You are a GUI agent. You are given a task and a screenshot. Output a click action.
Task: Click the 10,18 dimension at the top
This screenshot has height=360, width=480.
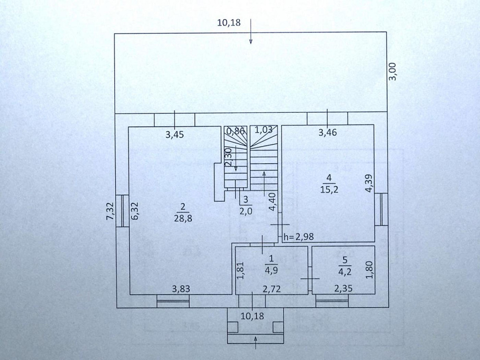228,22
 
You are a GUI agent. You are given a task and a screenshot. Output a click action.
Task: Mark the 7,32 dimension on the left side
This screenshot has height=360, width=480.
109,211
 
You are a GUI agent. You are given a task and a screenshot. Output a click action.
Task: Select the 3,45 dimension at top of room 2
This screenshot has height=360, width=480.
175,135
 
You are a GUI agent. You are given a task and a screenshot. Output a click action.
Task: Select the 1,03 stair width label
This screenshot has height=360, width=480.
264,130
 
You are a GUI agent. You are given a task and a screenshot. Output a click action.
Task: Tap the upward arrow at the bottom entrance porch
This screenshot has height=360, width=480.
255,342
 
